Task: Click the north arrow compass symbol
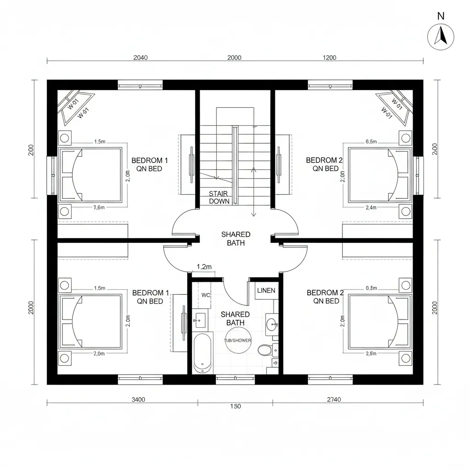tap(441, 37)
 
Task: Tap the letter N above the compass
tap(441, 16)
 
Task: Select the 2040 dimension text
tap(140, 58)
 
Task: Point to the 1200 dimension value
tap(329, 58)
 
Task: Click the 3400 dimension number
tap(138, 399)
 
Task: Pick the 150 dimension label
tap(235, 406)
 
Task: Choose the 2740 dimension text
tap(334, 399)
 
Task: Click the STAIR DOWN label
tap(218, 197)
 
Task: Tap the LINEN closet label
tap(266, 291)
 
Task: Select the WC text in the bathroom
tap(206, 295)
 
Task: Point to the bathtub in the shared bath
tap(202, 353)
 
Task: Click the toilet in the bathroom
tap(264, 351)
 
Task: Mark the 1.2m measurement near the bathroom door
tap(204, 267)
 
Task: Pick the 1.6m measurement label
tap(99, 207)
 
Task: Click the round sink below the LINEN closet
tap(271, 324)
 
